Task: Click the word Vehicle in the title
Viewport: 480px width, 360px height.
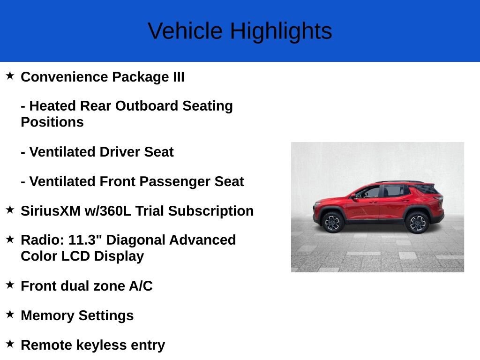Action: click(x=185, y=31)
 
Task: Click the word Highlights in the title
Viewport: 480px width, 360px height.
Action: click(x=281, y=31)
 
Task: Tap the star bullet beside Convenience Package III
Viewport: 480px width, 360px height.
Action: click(x=10, y=75)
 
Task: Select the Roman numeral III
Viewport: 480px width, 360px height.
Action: click(x=179, y=77)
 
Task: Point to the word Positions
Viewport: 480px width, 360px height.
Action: click(x=52, y=122)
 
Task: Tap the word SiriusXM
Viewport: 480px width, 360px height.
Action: click(x=51, y=211)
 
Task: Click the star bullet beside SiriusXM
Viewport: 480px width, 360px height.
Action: click(x=10, y=210)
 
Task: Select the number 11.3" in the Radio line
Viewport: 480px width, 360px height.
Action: click(x=85, y=240)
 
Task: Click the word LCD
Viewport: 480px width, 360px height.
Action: click(x=75, y=256)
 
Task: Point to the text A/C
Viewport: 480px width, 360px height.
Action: click(x=141, y=286)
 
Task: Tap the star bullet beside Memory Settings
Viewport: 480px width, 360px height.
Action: click(x=10, y=314)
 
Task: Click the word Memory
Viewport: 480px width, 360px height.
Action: click(x=47, y=315)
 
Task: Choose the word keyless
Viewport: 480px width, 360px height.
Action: click(x=101, y=345)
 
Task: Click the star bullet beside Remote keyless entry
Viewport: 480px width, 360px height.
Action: click(x=10, y=343)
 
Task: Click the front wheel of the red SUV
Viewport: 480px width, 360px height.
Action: click(x=333, y=222)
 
